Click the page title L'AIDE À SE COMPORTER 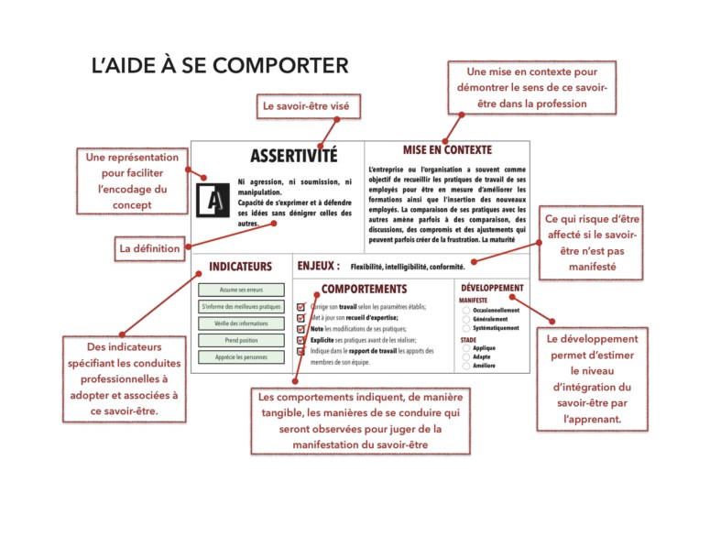pos(219,66)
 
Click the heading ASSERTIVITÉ pos(293,157)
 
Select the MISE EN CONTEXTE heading pos(447,149)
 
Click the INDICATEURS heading pos(241,267)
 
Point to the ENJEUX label pos(319,266)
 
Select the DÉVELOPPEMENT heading pos(492,287)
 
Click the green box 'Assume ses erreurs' pos(241,290)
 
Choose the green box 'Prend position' pos(241,340)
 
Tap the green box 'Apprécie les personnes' pos(241,357)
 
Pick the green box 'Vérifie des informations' pos(241,323)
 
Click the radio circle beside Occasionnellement pos(466,311)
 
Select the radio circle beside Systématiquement pos(466,327)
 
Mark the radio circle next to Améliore pos(466,366)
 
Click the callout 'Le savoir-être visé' pos(305,107)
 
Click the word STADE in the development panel pos(468,340)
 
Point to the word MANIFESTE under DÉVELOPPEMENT pos(474,301)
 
